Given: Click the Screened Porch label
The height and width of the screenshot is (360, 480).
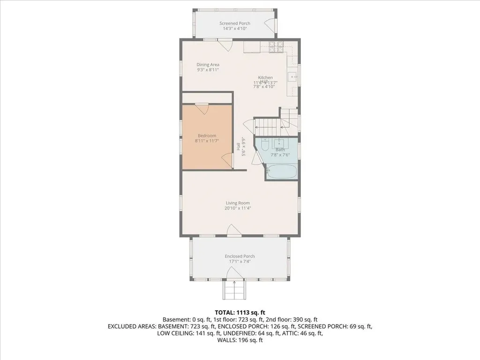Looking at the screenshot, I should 235,23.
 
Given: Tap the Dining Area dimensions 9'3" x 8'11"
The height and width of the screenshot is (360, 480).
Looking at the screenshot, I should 208,70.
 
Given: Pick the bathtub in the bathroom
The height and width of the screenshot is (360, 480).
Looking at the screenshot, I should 282,171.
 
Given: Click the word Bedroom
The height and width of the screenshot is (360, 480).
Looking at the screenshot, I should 207,135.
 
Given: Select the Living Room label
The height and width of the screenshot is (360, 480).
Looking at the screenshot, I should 238,203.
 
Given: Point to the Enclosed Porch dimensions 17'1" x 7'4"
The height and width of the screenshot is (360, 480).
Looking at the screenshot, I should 240,262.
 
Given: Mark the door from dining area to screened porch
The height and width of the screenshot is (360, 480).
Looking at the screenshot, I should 226,45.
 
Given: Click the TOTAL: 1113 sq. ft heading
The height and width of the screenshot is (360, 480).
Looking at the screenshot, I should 240,312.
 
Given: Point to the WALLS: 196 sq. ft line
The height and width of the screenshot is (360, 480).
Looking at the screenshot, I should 240,340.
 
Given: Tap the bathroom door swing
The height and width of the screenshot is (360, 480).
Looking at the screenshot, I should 256,157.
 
